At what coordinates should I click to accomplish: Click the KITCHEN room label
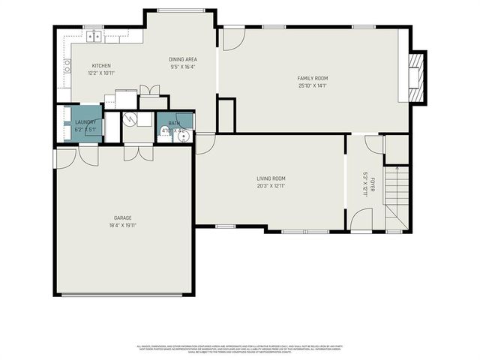101,66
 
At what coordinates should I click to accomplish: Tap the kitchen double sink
94,35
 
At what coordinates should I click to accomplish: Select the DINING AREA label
182,59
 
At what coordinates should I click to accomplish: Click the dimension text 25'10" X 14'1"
313,85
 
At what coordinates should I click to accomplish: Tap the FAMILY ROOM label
313,78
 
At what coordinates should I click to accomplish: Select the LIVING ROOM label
271,178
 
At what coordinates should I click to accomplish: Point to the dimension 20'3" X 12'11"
271,185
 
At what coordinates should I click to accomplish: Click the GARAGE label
122,217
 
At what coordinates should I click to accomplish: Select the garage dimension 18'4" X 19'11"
122,224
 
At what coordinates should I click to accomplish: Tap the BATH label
174,123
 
